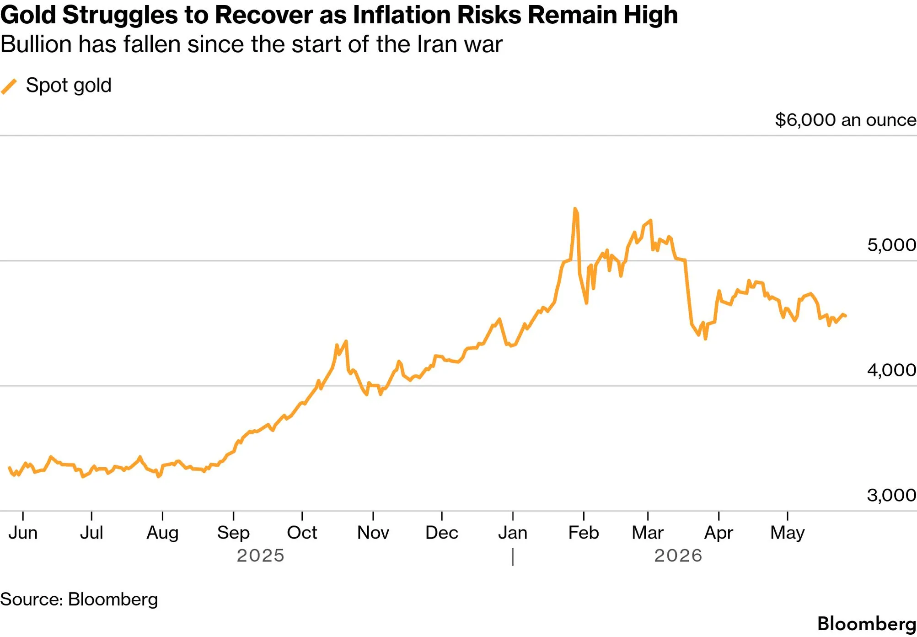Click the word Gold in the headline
click(28, 15)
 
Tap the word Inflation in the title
click(402, 15)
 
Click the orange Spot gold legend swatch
click(9, 86)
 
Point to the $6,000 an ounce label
click(846, 120)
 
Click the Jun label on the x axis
click(23, 533)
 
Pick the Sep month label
click(233, 533)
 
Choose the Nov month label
click(373, 533)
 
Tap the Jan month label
click(513, 533)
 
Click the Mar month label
click(648, 533)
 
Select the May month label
click(788, 533)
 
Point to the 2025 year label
click(261, 556)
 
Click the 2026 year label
click(678, 556)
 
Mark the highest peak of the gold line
click(575, 209)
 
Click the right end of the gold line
click(846, 316)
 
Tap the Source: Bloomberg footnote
click(79, 599)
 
